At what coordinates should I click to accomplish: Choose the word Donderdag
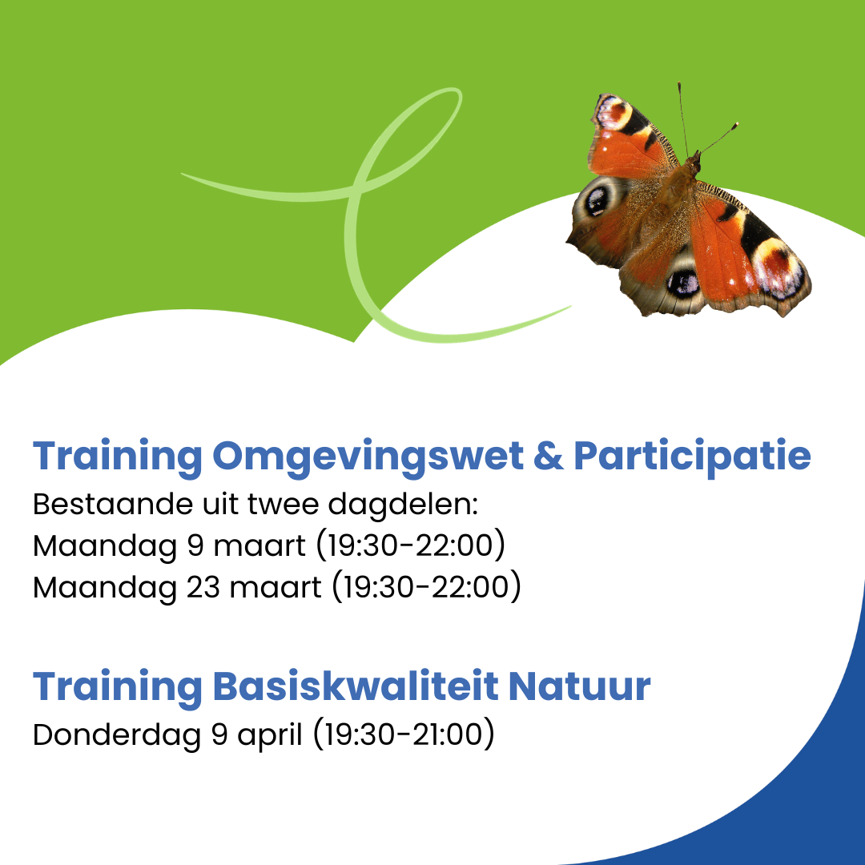tap(117, 735)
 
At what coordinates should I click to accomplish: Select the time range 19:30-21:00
tap(404, 735)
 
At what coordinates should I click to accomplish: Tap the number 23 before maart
tap(204, 587)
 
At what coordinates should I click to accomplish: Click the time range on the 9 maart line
tap(411, 546)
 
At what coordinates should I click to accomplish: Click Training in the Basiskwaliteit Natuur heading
tap(117, 686)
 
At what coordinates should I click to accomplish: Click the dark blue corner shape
tap(801, 801)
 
